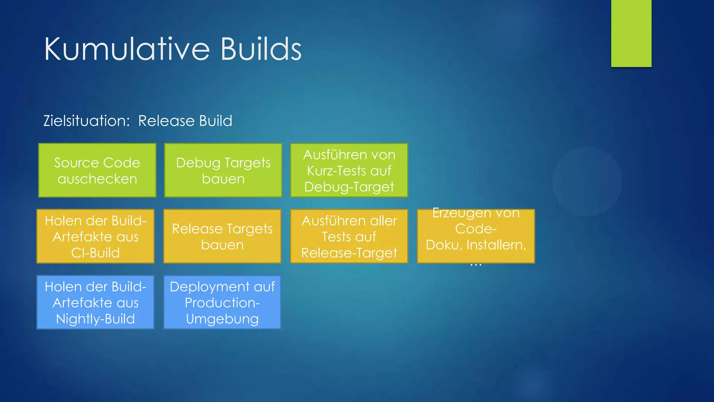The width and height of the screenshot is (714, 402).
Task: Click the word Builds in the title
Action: tap(260, 49)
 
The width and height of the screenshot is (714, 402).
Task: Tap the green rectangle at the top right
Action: tap(631, 33)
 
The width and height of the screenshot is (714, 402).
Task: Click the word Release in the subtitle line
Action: tap(166, 121)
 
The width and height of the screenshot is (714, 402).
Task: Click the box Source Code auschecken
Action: tap(97, 170)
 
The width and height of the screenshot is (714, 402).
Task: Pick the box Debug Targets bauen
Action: tap(223, 170)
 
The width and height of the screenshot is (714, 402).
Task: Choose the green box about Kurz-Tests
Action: tap(349, 170)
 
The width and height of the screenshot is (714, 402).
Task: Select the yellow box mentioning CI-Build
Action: tap(96, 236)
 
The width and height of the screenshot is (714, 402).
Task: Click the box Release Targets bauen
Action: tap(222, 236)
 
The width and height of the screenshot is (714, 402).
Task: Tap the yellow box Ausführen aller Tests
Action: tap(349, 236)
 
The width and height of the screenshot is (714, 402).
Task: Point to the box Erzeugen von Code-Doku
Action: tap(476, 236)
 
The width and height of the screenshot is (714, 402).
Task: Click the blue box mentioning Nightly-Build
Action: tap(96, 302)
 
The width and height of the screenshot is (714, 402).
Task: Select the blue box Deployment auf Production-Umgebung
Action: tap(222, 302)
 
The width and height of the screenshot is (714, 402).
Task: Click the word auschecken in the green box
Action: tap(97, 179)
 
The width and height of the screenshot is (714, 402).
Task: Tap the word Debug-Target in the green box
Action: tap(349, 187)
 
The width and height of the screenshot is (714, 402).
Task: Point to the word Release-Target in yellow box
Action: tap(349, 253)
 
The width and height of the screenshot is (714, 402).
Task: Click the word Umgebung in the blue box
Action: tap(222, 319)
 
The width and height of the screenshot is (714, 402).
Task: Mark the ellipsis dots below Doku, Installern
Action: tap(476, 266)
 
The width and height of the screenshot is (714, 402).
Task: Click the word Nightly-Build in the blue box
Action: tap(96, 319)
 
